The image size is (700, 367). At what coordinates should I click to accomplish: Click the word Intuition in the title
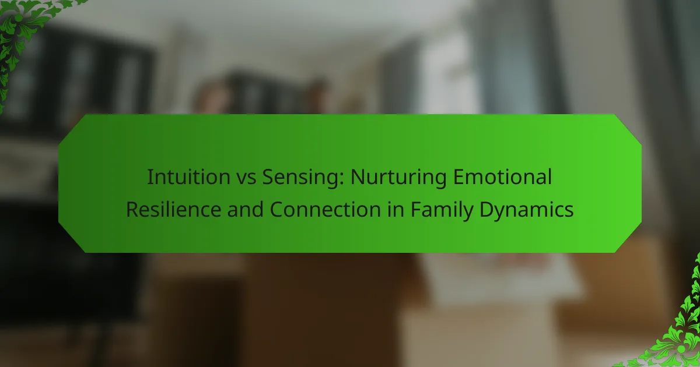(x=189, y=177)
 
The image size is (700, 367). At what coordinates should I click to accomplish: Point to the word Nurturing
(x=399, y=178)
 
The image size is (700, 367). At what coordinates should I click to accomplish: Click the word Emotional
(x=502, y=177)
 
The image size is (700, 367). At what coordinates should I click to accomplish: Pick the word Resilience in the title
(x=174, y=209)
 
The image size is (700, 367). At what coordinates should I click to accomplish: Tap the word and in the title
(x=246, y=209)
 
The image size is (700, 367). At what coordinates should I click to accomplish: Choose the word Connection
(x=325, y=209)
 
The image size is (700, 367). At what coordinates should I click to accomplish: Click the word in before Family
(x=396, y=209)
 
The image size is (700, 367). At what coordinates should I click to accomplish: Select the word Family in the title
(x=442, y=211)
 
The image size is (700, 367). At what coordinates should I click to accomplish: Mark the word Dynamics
(x=527, y=211)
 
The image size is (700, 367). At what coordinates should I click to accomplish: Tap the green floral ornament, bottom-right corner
(x=675, y=327)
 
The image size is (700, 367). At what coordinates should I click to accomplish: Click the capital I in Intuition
(x=150, y=177)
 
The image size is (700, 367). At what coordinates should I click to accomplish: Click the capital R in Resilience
(x=133, y=209)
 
